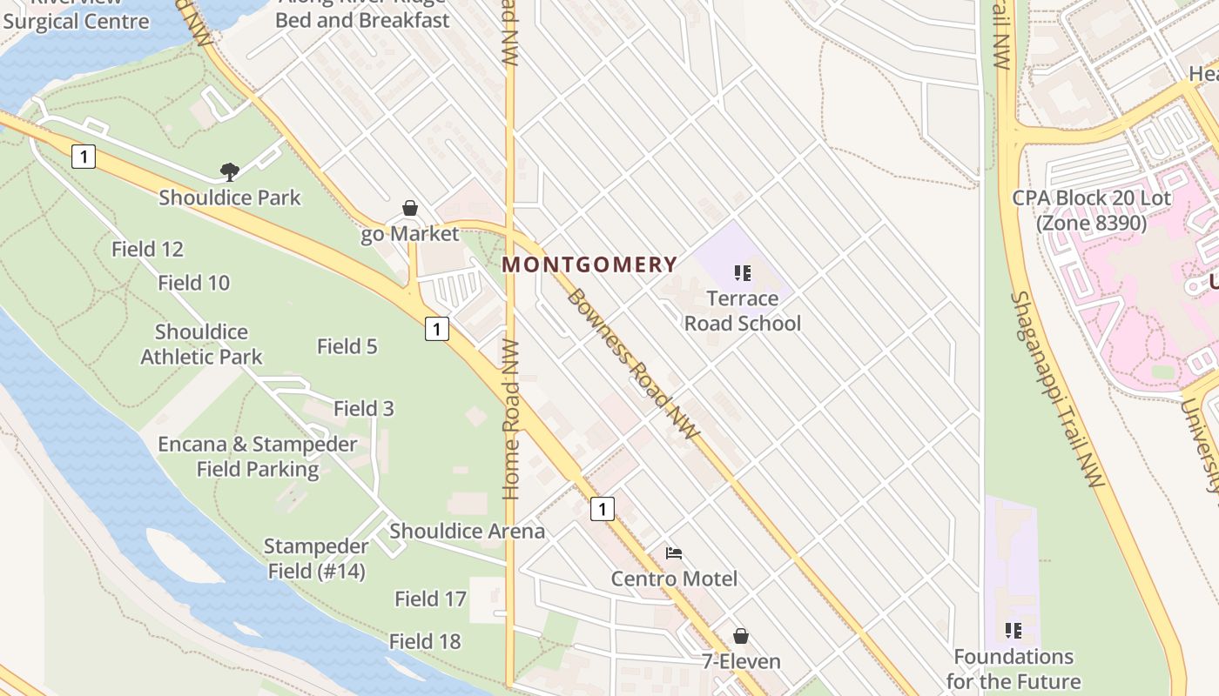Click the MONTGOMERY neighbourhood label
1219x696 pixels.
point(589,264)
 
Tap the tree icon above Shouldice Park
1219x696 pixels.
point(230,171)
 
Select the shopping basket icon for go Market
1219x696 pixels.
point(410,208)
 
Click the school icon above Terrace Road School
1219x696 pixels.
point(742,274)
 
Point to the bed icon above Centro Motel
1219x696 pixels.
point(673,553)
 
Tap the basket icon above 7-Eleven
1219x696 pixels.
point(740,636)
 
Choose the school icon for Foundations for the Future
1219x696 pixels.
point(1013,630)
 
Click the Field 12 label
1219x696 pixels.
point(147,250)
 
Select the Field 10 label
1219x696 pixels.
point(193,283)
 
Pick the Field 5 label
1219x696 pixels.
point(347,346)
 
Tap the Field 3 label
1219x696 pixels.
point(363,408)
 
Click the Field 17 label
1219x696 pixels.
point(430,599)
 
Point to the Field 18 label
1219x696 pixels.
point(424,641)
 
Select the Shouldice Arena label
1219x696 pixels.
point(467,531)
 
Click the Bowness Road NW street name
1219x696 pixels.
point(633,364)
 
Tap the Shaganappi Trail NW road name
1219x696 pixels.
point(1057,388)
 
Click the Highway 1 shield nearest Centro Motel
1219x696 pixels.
point(602,508)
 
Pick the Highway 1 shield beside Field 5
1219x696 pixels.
point(437,328)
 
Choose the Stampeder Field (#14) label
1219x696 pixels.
point(315,559)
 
